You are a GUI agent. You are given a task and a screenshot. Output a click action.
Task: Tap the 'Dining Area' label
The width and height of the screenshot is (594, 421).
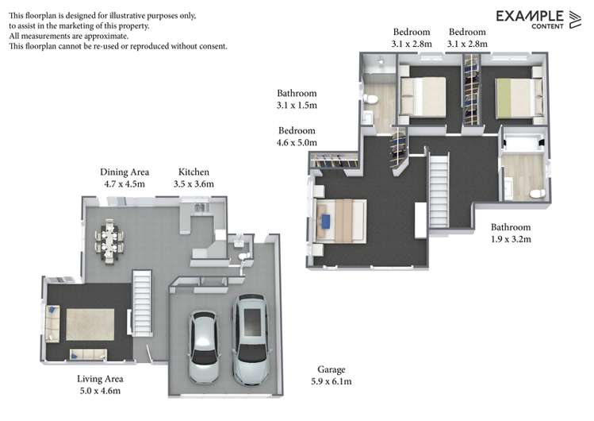point(125,172)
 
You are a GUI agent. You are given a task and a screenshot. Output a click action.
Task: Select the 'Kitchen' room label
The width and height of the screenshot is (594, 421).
point(194,172)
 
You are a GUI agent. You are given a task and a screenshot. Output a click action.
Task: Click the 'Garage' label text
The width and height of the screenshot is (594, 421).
point(331,369)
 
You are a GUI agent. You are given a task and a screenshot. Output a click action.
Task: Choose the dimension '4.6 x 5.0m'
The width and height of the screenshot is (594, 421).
point(297,143)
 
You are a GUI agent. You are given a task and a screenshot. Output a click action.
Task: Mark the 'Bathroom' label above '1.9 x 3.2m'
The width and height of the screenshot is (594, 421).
point(510,226)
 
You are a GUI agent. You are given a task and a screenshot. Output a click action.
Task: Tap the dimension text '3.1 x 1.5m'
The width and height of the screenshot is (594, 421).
point(297,105)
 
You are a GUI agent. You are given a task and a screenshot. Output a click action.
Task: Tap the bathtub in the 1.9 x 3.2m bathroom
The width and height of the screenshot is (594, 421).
point(523,144)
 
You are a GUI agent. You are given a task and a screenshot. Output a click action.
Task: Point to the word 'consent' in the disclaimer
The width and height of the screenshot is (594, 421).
point(211,46)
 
